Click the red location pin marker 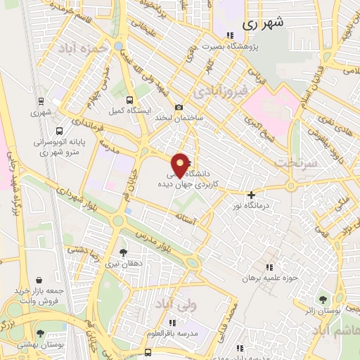181,164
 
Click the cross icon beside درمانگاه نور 250,195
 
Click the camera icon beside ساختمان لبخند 179,107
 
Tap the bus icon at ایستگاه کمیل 130,99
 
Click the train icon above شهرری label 40,101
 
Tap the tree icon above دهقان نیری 123,252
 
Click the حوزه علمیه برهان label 269,278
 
